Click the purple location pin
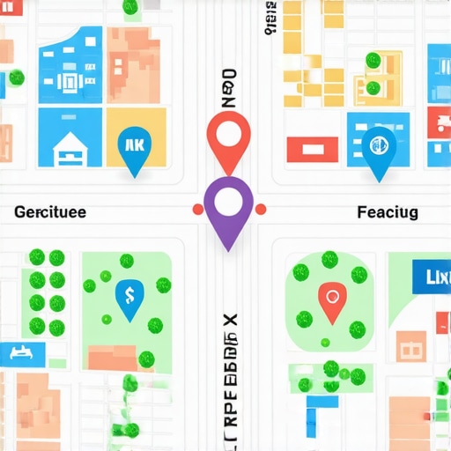tap(227, 204)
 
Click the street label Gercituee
tap(51, 212)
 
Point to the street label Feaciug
tap(388, 212)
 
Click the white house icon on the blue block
tap(68, 147)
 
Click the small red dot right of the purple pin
tap(260, 210)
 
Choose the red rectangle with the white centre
tap(310, 151)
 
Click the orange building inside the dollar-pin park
tap(113, 357)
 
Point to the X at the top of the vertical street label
tap(229, 317)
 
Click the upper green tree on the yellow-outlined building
tap(373, 61)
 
